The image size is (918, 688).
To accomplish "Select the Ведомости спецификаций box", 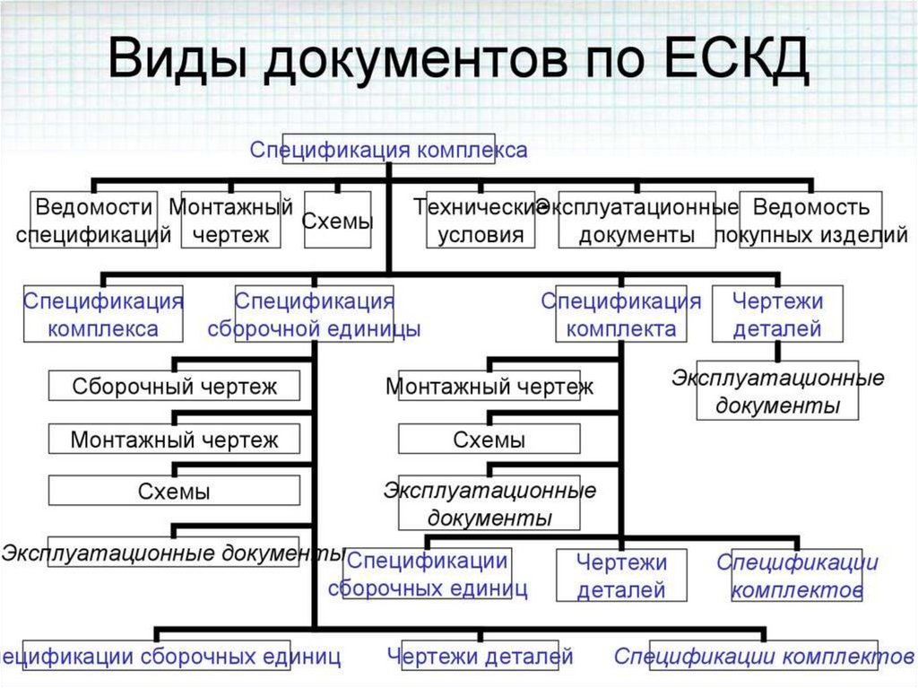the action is tap(93, 220).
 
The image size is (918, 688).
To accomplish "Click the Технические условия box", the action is tap(481, 220).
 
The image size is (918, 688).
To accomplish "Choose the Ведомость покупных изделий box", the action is tap(811, 220).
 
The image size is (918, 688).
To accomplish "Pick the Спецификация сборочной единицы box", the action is tap(314, 314).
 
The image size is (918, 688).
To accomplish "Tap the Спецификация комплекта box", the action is tap(620, 314).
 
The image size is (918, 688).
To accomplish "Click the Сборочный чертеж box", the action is tap(174, 387).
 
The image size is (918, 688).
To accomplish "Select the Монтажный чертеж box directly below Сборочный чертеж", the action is tap(174, 440).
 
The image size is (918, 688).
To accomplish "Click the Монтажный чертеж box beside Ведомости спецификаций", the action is tap(230, 220).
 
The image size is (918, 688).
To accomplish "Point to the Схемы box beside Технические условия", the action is tap(337, 220).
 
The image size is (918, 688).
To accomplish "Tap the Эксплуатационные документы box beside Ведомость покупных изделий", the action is tap(637, 220).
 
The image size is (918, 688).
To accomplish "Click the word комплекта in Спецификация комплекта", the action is tap(621, 329).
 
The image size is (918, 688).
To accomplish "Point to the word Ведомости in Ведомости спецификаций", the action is tap(93, 207).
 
